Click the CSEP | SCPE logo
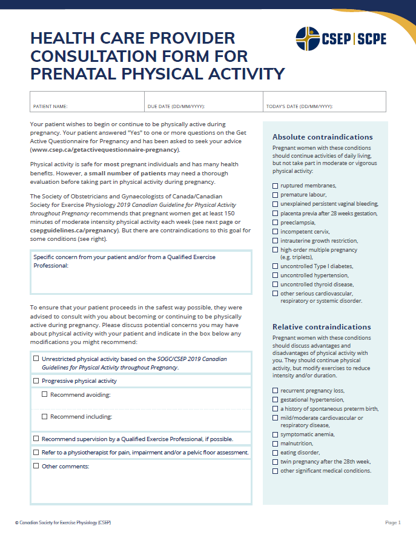341,39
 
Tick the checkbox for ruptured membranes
276,186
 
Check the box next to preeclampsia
276,223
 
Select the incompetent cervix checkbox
276,232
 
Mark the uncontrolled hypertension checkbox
276,275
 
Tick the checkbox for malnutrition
276,444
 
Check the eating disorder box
276,453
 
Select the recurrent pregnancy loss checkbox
276,391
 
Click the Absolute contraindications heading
322,137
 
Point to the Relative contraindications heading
322,327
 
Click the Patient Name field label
50,107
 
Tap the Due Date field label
176,107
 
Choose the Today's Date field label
300,107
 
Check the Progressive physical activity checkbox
36,381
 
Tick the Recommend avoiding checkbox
45,394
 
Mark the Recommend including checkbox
45,417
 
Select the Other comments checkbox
36,466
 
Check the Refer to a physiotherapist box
36,452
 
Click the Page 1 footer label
393,522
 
